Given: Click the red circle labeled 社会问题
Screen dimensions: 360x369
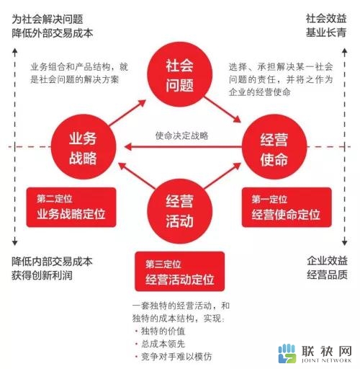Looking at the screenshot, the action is (x=180, y=74).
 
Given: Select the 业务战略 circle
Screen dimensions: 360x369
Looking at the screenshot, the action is (x=84, y=147).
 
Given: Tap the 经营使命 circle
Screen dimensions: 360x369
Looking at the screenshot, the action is (x=274, y=147).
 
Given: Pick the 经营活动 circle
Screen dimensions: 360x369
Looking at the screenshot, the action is (x=180, y=211).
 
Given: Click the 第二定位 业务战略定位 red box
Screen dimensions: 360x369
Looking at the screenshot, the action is (x=71, y=208).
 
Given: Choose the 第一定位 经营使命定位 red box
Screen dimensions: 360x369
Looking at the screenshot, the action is (x=287, y=208).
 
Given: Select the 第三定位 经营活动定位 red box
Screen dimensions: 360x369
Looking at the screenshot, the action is (x=180, y=272).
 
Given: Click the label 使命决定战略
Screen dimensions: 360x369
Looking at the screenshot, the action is (x=181, y=135).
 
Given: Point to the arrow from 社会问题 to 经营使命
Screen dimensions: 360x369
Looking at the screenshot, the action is (x=222, y=110).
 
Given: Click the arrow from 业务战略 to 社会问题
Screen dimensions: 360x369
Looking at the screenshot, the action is (x=127, y=112).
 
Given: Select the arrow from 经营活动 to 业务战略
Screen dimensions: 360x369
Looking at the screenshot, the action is (x=137, y=175).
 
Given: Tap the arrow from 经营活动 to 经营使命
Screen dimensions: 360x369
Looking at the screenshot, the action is (x=222, y=175).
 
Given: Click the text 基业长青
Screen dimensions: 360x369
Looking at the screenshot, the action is (x=326, y=32).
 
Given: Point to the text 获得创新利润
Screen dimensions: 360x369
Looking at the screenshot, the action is (x=42, y=275).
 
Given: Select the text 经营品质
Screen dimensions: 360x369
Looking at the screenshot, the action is (x=327, y=275).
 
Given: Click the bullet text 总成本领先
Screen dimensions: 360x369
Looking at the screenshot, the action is (x=163, y=344).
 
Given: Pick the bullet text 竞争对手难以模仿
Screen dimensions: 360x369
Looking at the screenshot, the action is (x=176, y=357).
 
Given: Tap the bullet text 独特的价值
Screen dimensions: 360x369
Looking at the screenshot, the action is (x=163, y=331).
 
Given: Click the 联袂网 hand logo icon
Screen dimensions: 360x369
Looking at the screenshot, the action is (x=287, y=353).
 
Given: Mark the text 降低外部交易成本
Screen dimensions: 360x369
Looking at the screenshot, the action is (x=53, y=33).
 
